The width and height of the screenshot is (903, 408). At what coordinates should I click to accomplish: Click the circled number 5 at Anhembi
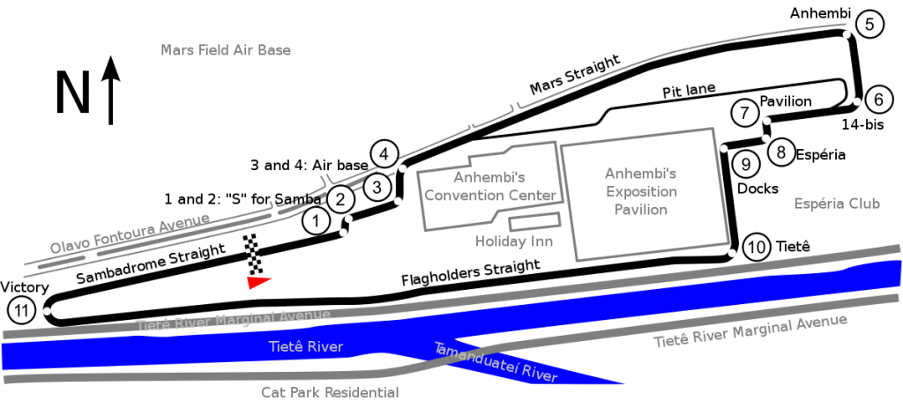click(869, 24)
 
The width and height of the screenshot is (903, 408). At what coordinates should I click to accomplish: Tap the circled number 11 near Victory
click(21, 311)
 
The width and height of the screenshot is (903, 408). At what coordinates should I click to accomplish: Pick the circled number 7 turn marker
click(745, 112)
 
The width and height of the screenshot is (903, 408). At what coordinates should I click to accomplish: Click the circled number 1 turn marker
click(315, 221)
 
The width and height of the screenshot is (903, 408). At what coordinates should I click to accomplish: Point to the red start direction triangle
click(258, 282)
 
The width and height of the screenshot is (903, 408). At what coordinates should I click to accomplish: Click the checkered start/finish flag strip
click(253, 254)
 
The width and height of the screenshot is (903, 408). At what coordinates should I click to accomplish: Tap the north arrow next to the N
click(110, 91)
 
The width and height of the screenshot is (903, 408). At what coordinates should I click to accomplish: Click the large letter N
click(73, 92)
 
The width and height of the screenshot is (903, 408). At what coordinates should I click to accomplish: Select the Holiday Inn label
click(514, 241)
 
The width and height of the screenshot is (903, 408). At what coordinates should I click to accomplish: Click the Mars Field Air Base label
click(226, 50)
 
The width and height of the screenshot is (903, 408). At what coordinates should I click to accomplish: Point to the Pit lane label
click(689, 91)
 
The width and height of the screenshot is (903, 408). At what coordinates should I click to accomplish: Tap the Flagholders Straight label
click(471, 273)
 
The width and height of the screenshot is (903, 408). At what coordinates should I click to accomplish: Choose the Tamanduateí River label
click(496, 362)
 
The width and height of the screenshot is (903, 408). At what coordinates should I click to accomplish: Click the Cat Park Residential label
click(330, 392)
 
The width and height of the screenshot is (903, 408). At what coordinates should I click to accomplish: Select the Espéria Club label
click(838, 204)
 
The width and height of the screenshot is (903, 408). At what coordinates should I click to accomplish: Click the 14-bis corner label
click(862, 125)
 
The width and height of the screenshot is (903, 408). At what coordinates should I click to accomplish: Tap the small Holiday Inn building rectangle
click(534, 222)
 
